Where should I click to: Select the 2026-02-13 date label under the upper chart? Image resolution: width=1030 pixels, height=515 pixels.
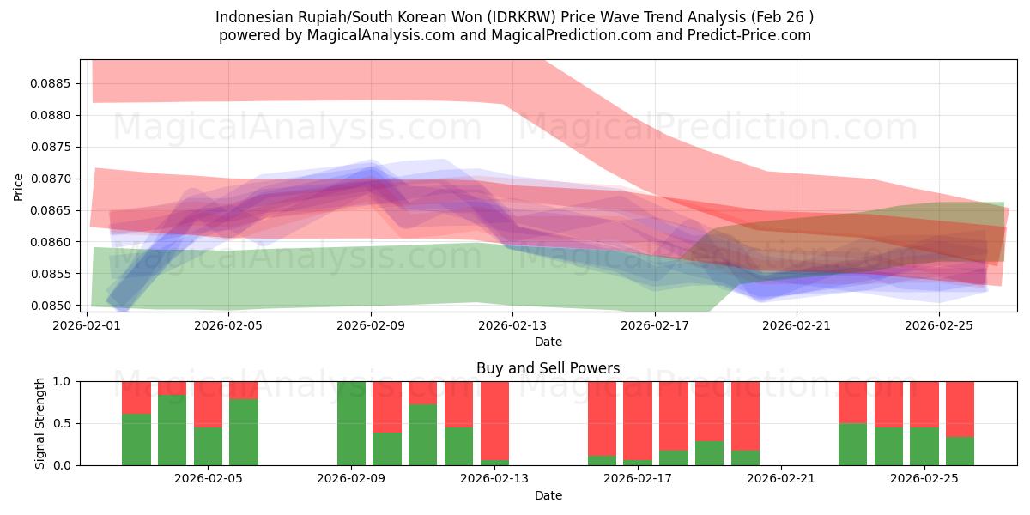[512, 325]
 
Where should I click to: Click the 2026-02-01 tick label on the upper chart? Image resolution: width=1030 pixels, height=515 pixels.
[88, 325]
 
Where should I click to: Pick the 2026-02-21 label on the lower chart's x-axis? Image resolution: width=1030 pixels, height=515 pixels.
[782, 478]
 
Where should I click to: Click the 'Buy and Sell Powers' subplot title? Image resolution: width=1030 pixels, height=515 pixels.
[548, 368]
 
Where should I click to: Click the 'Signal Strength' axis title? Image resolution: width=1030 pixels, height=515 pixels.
[40, 422]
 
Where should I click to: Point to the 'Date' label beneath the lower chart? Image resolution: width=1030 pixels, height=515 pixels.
[548, 495]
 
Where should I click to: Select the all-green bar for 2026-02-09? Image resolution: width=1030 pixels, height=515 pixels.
[351, 423]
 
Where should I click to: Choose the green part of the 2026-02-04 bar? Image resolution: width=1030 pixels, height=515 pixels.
[172, 429]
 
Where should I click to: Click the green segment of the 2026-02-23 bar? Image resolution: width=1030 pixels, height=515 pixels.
[852, 444]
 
